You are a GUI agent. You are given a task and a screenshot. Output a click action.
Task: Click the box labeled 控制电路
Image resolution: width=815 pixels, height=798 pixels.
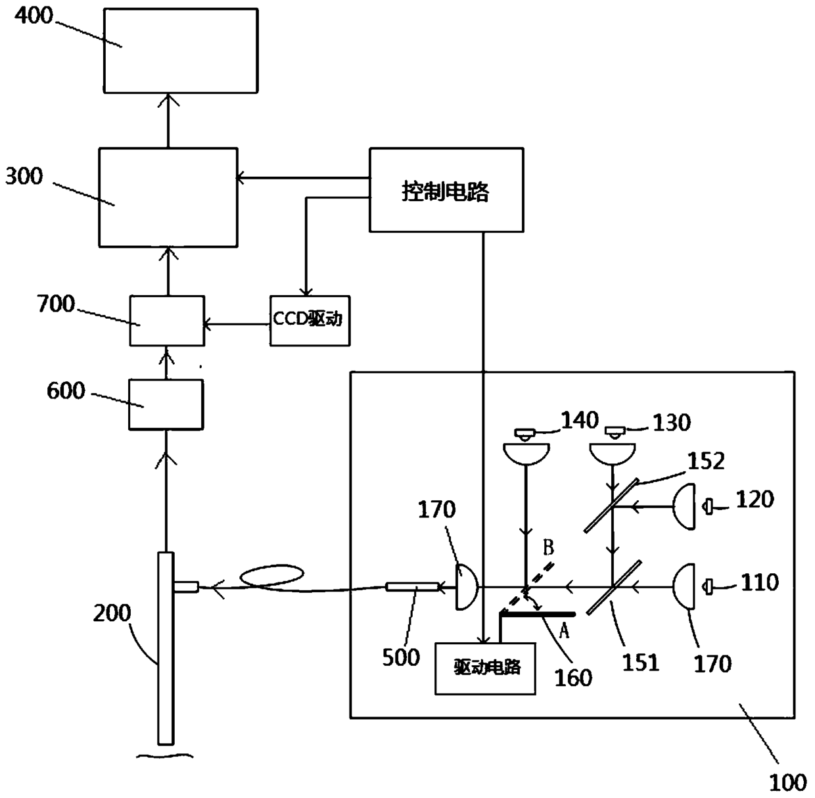point(446,190)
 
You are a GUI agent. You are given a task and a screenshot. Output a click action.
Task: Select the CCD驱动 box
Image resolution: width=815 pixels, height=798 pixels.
point(310,321)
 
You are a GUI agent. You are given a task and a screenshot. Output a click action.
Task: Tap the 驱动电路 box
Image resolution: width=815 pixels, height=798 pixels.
point(486,669)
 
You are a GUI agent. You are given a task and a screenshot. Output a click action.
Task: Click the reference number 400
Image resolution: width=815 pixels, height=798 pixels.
point(34,16)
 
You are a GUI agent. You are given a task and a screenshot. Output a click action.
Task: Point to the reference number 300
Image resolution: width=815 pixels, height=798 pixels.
point(24,176)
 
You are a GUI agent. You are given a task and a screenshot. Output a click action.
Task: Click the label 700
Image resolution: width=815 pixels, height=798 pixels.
point(57,304)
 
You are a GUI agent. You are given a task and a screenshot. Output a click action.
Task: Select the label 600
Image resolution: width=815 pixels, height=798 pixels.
point(66,390)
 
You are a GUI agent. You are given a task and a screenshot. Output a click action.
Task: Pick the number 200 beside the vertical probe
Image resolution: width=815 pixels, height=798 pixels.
point(112,613)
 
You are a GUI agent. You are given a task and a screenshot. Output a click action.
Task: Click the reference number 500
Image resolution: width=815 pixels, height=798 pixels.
point(401,657)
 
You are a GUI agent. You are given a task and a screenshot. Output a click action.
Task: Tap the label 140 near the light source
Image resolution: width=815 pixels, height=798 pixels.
point(580,420)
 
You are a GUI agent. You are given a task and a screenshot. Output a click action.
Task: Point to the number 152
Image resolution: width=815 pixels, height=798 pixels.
point(707,461)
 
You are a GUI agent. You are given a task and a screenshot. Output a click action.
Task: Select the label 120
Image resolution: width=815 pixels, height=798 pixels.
point(755,500)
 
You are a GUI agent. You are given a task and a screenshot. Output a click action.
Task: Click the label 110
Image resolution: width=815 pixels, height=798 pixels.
point(760,582)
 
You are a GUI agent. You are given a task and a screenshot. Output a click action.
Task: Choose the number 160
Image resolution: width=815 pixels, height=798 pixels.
point(573,678)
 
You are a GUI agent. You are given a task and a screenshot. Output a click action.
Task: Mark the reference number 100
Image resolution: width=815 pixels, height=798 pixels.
point(788,783)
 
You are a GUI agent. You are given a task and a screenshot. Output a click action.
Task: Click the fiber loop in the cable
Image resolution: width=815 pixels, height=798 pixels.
point(271,576)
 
